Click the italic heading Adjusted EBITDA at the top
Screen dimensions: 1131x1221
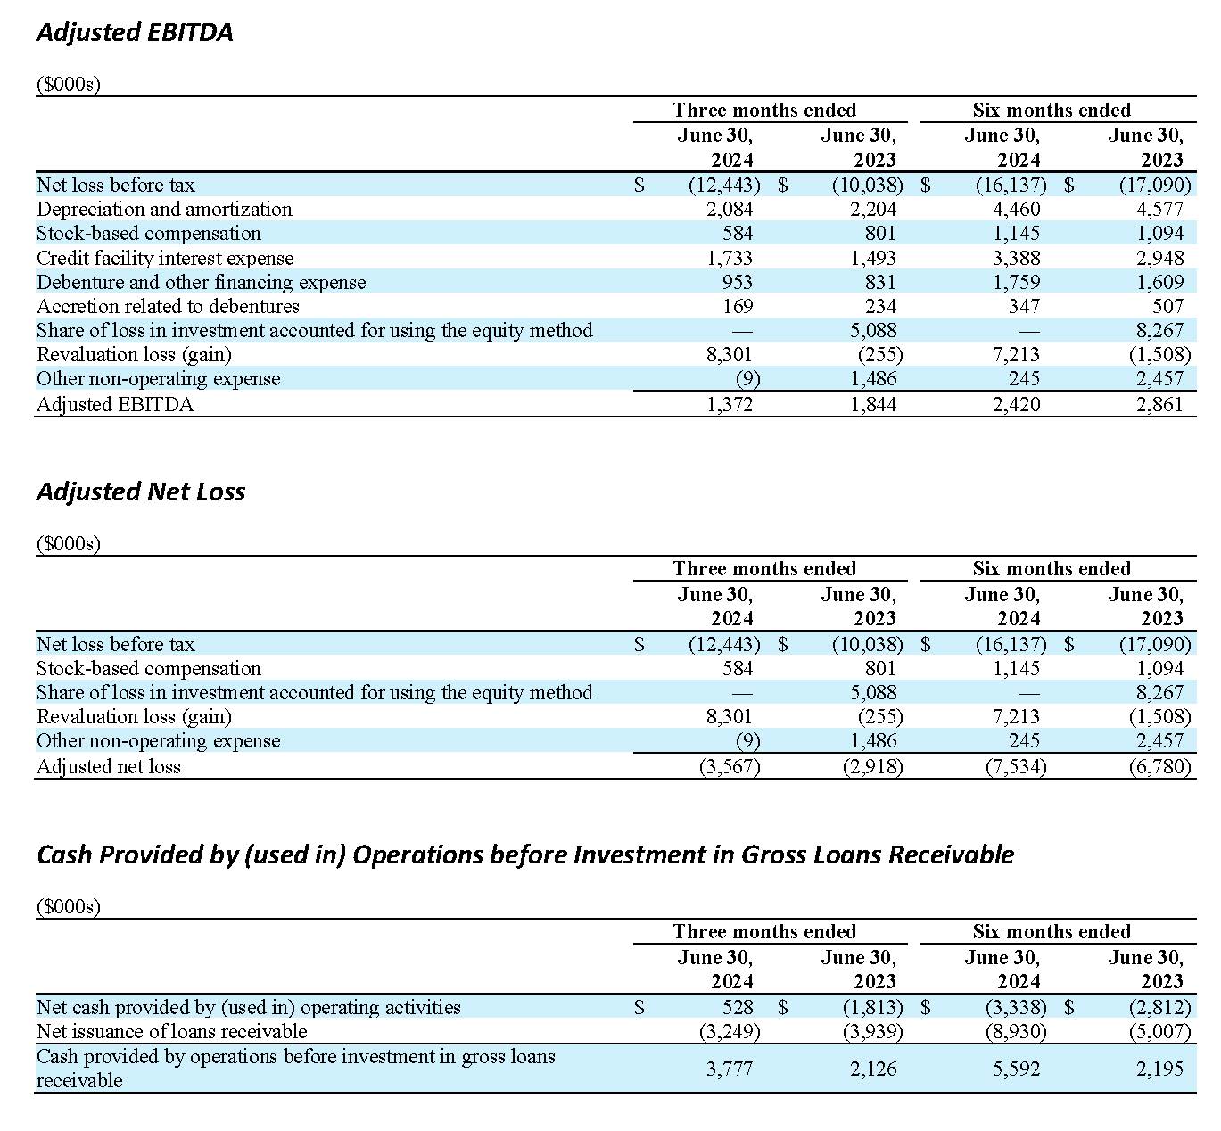(135, 33)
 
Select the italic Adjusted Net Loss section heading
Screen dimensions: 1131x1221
(141, 492)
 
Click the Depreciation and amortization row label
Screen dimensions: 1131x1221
(164, 210)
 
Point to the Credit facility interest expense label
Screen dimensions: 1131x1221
(165, 259)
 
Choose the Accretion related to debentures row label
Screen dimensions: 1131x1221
(168, 307)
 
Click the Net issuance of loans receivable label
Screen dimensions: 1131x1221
(171, 1032)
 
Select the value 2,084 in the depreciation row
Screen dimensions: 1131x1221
(730, 210)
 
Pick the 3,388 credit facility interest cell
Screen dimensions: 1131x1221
(1016, 259)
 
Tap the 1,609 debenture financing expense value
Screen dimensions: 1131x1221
(1159, 283)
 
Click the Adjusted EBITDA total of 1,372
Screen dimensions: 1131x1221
(730, 405)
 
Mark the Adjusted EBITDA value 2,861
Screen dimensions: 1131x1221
(1159, 405)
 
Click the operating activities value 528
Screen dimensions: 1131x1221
(738, 1008)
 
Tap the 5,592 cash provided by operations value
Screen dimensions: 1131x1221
(1016, 1069)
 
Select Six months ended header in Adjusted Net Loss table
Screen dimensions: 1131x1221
(1052, 569)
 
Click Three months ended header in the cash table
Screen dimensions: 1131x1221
(764, 932)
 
